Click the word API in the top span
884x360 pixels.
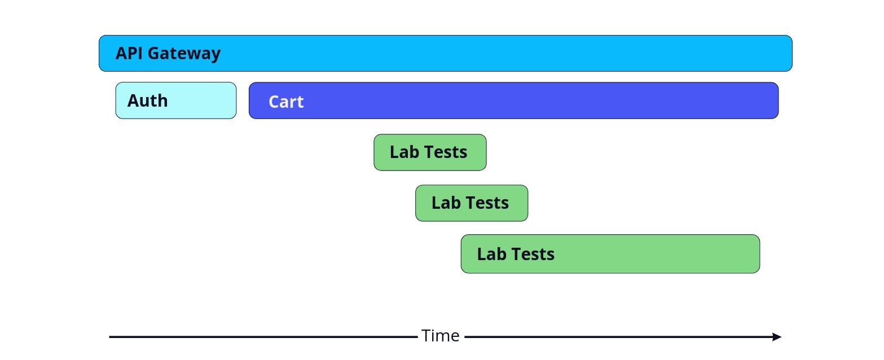click(x=129, y=53)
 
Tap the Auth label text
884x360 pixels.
click(x=147, y=100)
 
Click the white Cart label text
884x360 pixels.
click(x=286, y=102)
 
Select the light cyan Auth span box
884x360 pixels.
click(x=176, y=100)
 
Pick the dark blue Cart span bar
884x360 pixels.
click(x=513, y=100)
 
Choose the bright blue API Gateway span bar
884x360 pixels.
click(x=446, y=53)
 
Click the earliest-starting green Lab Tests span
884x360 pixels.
click(x=430, y=152)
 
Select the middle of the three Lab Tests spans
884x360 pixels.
click(x=472, y=203)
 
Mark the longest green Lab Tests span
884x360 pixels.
click(x=610, y=254)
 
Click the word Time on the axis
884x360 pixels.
click(x=441, y=336)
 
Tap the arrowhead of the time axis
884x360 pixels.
click(x=777, y=337)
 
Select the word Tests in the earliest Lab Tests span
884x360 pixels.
click(x=446, y=152)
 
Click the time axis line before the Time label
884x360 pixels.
click(x=263, y=337)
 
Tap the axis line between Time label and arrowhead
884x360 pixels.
click(x=618, y=337)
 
